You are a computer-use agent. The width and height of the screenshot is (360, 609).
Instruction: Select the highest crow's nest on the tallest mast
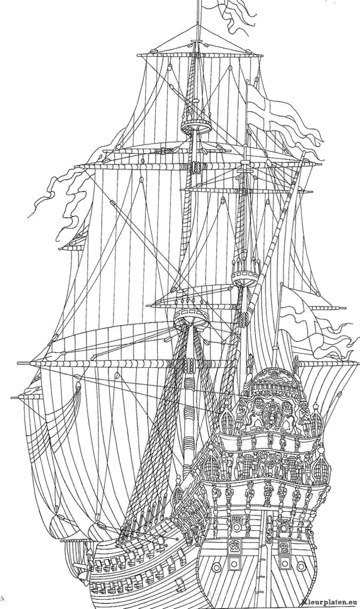(193, 123)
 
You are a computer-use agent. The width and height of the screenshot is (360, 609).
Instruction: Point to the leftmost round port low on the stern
(216, 566)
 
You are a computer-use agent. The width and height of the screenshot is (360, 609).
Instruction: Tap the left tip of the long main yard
(20, 363)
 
